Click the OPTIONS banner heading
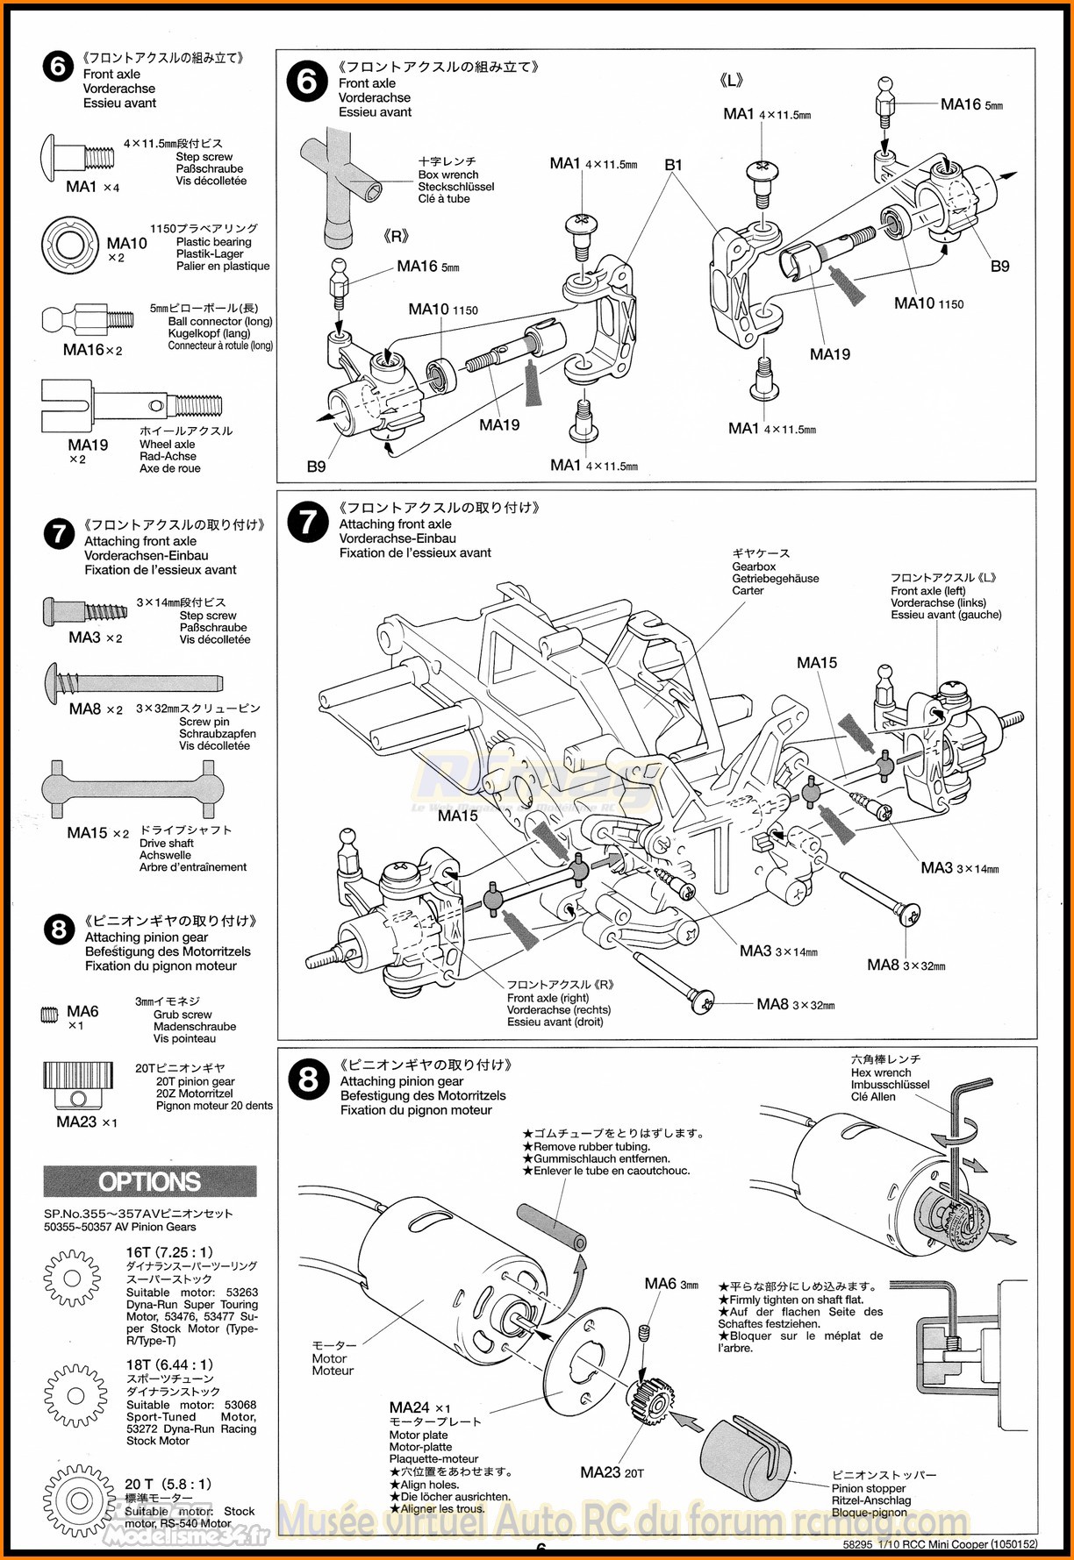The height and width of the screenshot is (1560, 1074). pyautogui.click(x=150, y=1181)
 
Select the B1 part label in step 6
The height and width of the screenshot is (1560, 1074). pyautogui.click(x=673, y=165)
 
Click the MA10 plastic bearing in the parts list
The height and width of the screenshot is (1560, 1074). pyautogui.click(x=71, y=246)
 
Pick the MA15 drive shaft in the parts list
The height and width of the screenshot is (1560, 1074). pyautogui.click(x=132, y=788)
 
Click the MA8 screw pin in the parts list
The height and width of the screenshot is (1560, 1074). pyautogui.click(x=132, y=681)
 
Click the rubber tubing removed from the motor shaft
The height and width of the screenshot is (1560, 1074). pyautogui.click(x=552, y=1228)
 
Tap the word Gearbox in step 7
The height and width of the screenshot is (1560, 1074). pyautogui.click(x=754, y=566)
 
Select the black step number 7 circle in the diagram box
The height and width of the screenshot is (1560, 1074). pyautogui.click(x=308, y=523)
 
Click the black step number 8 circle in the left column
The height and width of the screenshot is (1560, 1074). pyautogui.click(x=59, y=930)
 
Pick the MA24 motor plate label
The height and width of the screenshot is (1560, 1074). pyautogui.click(x=410, y=1407)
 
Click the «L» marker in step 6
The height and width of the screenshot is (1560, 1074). pyautogui.click(x=732, y=81)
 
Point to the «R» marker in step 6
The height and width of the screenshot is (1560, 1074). pyautogui.click(x=397, y=237)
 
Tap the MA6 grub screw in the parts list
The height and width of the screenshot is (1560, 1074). pyautogui.click(x=49, y=1015)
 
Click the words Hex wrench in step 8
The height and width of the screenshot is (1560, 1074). pyautogui.click(x=881, y=1072)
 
